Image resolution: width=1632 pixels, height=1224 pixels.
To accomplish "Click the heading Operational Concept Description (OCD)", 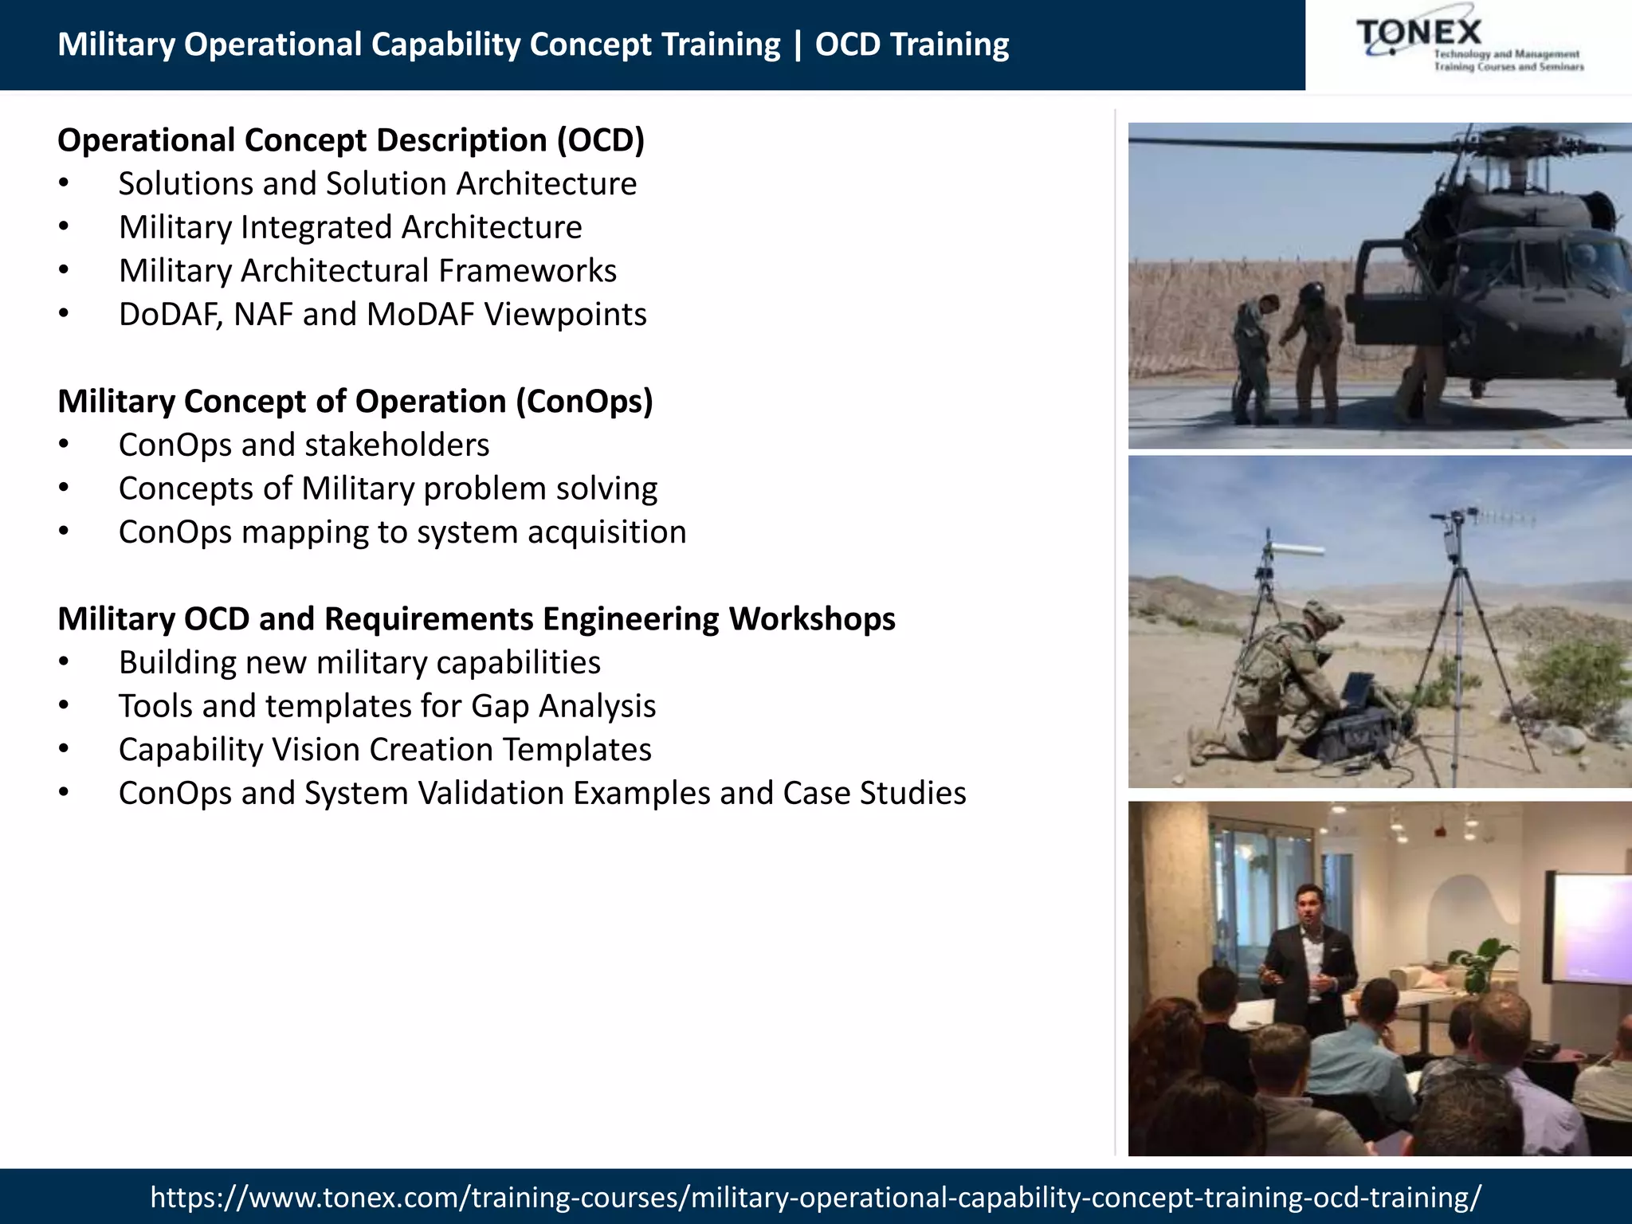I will pyautogui.click(x=351, y=140).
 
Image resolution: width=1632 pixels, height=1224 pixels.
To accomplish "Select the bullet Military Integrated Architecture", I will pyautogui.click(x=351, y=228).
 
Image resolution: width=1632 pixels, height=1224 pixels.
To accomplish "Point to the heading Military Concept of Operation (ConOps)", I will pyautogui.click(x=355, y=402).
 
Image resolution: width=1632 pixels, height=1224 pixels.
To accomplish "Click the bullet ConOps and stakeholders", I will pyautogui.click(x=304, y=445).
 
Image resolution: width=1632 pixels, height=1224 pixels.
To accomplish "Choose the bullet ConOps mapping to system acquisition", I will pyautogui.click(x=402, y=532).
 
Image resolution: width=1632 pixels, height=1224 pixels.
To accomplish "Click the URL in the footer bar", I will pyautogui.click(x=815, y=1197).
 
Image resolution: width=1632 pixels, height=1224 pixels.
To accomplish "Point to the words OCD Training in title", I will pyautogui.click(x=912, y=45).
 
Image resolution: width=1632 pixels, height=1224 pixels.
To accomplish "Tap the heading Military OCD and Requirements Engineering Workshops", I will pyautogui.click(x=477, y=619).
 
